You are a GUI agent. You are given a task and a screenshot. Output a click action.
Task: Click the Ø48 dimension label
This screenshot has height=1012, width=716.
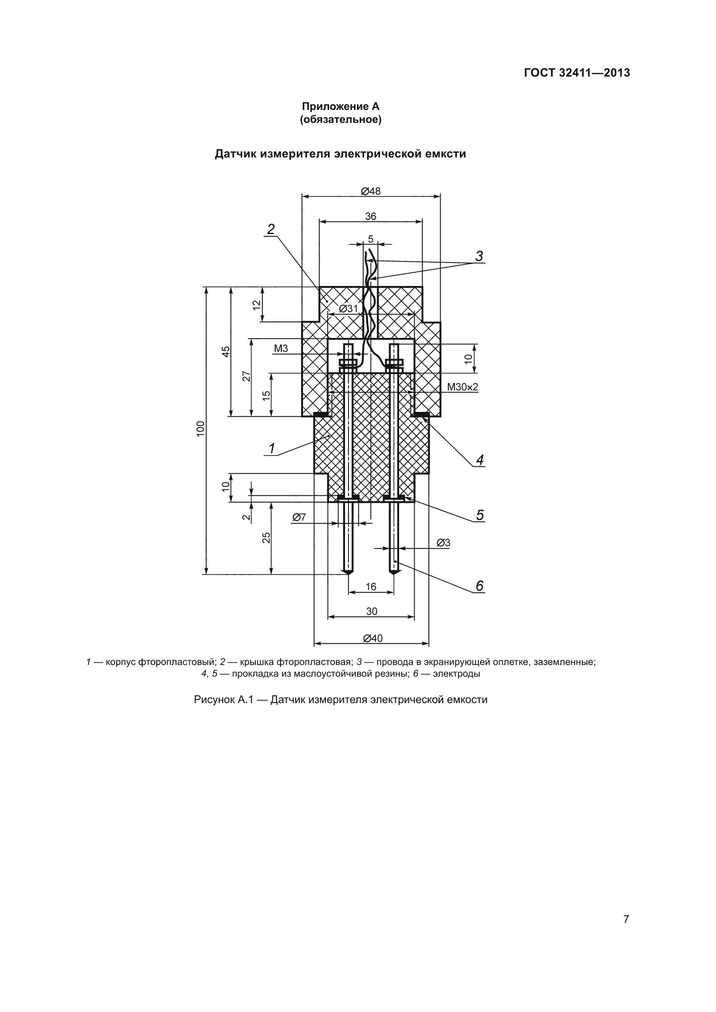371,191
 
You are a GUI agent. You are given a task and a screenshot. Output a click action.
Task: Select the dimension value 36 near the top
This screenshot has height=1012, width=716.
371,216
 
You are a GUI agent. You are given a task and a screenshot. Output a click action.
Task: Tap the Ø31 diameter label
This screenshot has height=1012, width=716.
348,308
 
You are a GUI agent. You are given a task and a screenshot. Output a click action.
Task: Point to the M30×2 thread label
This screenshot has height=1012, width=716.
462,387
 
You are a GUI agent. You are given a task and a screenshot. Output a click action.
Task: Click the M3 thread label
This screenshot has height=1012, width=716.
281,348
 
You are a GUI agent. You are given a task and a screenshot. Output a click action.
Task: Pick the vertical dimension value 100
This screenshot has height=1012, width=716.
200,429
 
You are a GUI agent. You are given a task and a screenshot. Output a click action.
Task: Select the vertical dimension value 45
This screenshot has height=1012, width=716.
226,351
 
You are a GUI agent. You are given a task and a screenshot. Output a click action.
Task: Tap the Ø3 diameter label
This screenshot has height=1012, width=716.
444,543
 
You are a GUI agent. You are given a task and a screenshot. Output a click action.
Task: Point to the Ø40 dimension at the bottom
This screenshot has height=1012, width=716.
373,638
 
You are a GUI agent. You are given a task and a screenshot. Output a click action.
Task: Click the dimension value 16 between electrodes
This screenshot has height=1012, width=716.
371,586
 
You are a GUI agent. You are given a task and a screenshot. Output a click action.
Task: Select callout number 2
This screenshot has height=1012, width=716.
271,229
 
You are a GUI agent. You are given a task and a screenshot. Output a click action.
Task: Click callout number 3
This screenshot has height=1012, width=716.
479,256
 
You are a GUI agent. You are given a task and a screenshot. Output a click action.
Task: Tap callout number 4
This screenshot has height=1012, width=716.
480,460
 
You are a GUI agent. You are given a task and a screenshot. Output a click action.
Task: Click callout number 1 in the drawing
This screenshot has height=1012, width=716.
271,448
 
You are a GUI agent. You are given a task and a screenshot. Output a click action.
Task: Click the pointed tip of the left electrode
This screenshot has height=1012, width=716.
348,573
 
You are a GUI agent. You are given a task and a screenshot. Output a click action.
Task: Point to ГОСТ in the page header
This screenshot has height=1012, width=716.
539,73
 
